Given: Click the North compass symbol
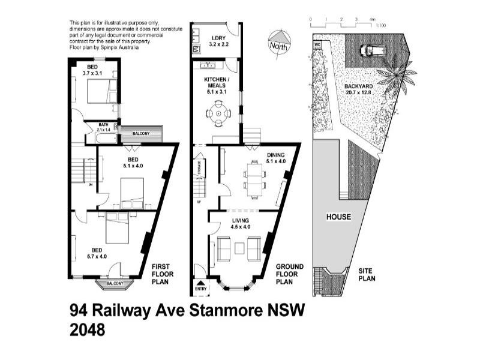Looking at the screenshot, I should click(278, 41).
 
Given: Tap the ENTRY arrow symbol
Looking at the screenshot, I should click(200, 283).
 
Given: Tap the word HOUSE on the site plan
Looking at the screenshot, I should click(338, 217).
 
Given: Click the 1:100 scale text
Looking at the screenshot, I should click(380, 26).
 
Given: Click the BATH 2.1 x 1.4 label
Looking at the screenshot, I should click(103, 127).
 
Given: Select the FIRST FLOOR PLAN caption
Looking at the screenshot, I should click(163, 274).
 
